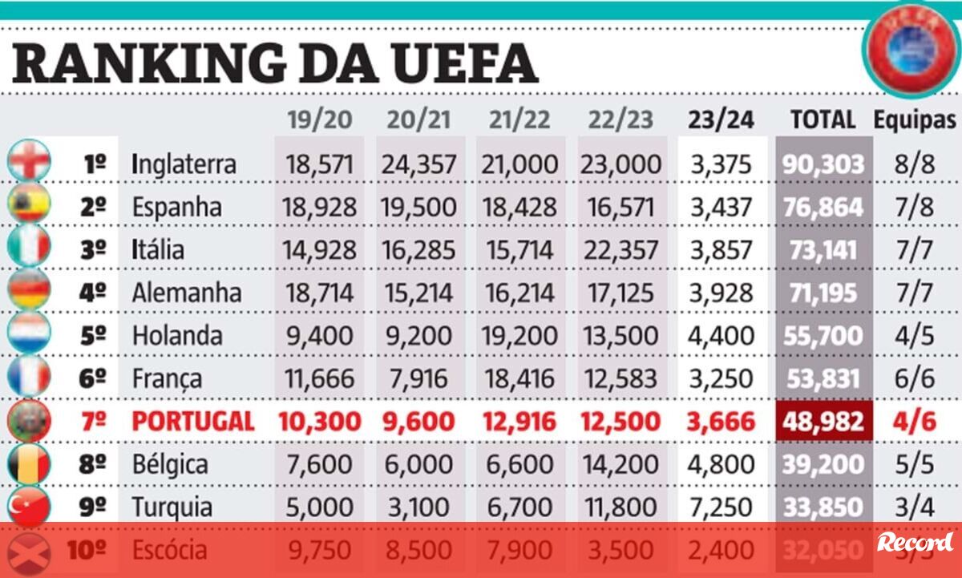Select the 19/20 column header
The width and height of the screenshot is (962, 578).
[319, 119]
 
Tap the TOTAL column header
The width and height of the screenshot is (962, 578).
[823, 119]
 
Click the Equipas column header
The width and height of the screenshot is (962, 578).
[915, 119]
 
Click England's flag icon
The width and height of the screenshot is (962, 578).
[30, 160]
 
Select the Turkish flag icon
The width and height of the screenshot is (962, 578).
[30, 507]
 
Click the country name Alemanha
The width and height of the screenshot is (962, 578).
[187, 293]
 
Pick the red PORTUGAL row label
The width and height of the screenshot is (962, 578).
[193, 422]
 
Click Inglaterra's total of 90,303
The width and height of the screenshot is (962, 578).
[823, 164]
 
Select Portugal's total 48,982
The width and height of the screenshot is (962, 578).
[824, 422]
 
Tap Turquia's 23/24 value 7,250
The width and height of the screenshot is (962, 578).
[721, 507]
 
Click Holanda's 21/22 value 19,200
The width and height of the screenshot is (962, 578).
[519, 335]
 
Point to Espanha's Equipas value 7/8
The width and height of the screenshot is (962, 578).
[915, 207]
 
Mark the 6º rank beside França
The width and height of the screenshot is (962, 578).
[94, 378]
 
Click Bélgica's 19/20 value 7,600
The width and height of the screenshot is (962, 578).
[318, 465]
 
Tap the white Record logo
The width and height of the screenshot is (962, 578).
[915, 543]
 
